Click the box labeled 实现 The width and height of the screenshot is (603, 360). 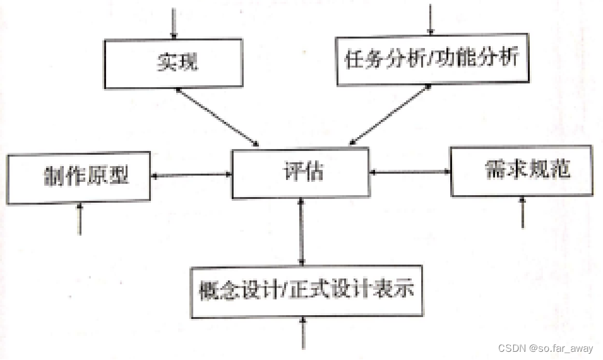click(x=173, y=63)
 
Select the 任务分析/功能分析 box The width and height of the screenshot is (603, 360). click(x=432, y=59)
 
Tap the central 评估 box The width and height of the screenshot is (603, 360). click(x=301, y=172)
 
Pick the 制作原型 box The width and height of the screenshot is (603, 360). click(x=79, y=176)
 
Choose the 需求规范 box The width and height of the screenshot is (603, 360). click(x=522, y=171)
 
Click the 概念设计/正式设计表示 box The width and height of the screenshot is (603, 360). click(x=306, y=291)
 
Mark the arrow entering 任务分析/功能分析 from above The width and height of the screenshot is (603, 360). click(x=431, y=19)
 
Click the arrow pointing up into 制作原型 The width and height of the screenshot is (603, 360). click(x=80, y=218)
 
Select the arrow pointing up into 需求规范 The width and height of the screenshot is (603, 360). click(x=523, y=212)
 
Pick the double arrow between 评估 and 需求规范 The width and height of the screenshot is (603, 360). click(x=410, y=172)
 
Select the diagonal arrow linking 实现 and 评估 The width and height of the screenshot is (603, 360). click(x=218, y=117)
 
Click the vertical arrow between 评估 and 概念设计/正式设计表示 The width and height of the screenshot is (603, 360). click(x=302, y=232)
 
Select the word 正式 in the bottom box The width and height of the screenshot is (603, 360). click(x=312, y=291)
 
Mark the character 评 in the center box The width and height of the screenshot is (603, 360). click(x=291, y=172)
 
